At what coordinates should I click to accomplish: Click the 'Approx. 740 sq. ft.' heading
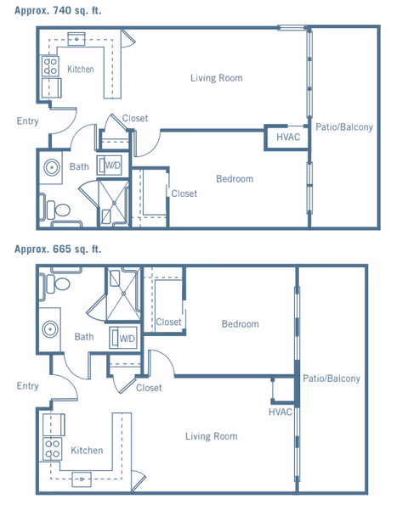pyautogui.click(x=58, y=10)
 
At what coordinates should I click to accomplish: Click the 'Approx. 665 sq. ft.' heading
pyautogui.click(x=58, y=250)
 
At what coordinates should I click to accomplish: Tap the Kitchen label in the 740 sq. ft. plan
pyautogui.click(x=81, y=69)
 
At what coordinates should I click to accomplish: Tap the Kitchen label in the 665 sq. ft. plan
pyautogui.click(x=87, y=450)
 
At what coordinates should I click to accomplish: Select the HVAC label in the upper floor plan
pyautogui.click(x=288, y=137)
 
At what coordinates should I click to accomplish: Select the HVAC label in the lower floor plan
pyautogui.click(x=280, y=412)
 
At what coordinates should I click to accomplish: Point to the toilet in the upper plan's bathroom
pyautogui.click(x=59, y=210)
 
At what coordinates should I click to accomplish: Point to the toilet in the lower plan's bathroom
pyautogui.click(x=59, y=283)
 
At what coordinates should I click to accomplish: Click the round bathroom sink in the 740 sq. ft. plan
pyautogui.click(x=52, y=167)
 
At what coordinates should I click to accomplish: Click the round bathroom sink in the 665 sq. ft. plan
pyautogui.click(x=50, y=329)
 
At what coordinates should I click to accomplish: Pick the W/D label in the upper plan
pyautogui.click(x=113, y=165)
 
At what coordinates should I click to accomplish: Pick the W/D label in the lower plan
pyautogui.click(x=127, y=339)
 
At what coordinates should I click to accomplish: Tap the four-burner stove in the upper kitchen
pyautogui.click(x=50, y=66)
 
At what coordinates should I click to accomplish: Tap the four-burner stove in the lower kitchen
pyautogui.click(x=53, y=449)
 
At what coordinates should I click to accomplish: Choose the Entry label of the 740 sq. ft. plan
pyautogui.click(x=28, y=121)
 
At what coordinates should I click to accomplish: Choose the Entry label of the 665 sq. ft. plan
pyautogui.click(x=28, y=385)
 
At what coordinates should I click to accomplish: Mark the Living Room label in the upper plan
pyautogui.click(x=217, y=78)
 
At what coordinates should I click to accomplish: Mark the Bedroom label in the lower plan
pyautogui.click(x=241, y=324)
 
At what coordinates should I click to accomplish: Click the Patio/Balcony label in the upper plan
pyautogui.click(x=344, y=127)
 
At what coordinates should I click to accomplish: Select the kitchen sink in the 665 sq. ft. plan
pyautogui.click(x=82, y=480)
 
